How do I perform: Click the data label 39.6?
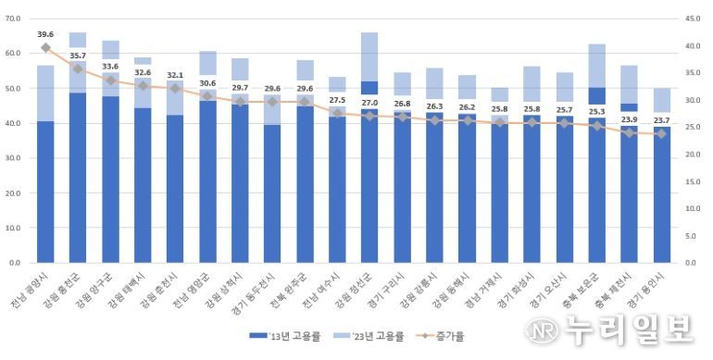coord(45,34)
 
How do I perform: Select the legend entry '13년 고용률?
coord(274,338)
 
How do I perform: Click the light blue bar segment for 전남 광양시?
coord(45,93)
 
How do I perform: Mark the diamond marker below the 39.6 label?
coord(45,47)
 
